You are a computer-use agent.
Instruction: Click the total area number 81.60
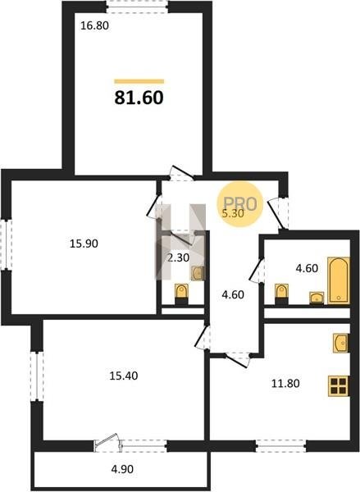(139, 98)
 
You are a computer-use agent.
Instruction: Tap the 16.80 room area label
(95, 25)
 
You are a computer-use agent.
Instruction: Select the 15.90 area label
(84, 244)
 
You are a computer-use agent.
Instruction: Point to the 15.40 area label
(124, 376)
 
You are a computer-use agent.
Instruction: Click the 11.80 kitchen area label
(285, 383)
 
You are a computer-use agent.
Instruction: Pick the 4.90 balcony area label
(122, 469)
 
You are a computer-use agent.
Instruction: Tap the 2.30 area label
(178, 258)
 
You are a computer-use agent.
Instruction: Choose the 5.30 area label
(233, 213)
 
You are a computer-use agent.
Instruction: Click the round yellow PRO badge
(240, 204)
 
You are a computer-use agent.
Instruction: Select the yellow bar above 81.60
(139, 81)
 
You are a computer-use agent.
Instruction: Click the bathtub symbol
(339, 280)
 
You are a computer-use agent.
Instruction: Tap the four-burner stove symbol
(339, 385)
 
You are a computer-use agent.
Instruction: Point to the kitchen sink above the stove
(341, 343)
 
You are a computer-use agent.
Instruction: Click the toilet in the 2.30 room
(180, 294)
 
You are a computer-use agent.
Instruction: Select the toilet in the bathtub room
(281, 294)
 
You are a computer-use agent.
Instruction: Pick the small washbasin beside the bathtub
(317, 298)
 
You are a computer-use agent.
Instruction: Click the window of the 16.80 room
(137, 7)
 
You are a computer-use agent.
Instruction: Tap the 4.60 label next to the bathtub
(307, 268)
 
